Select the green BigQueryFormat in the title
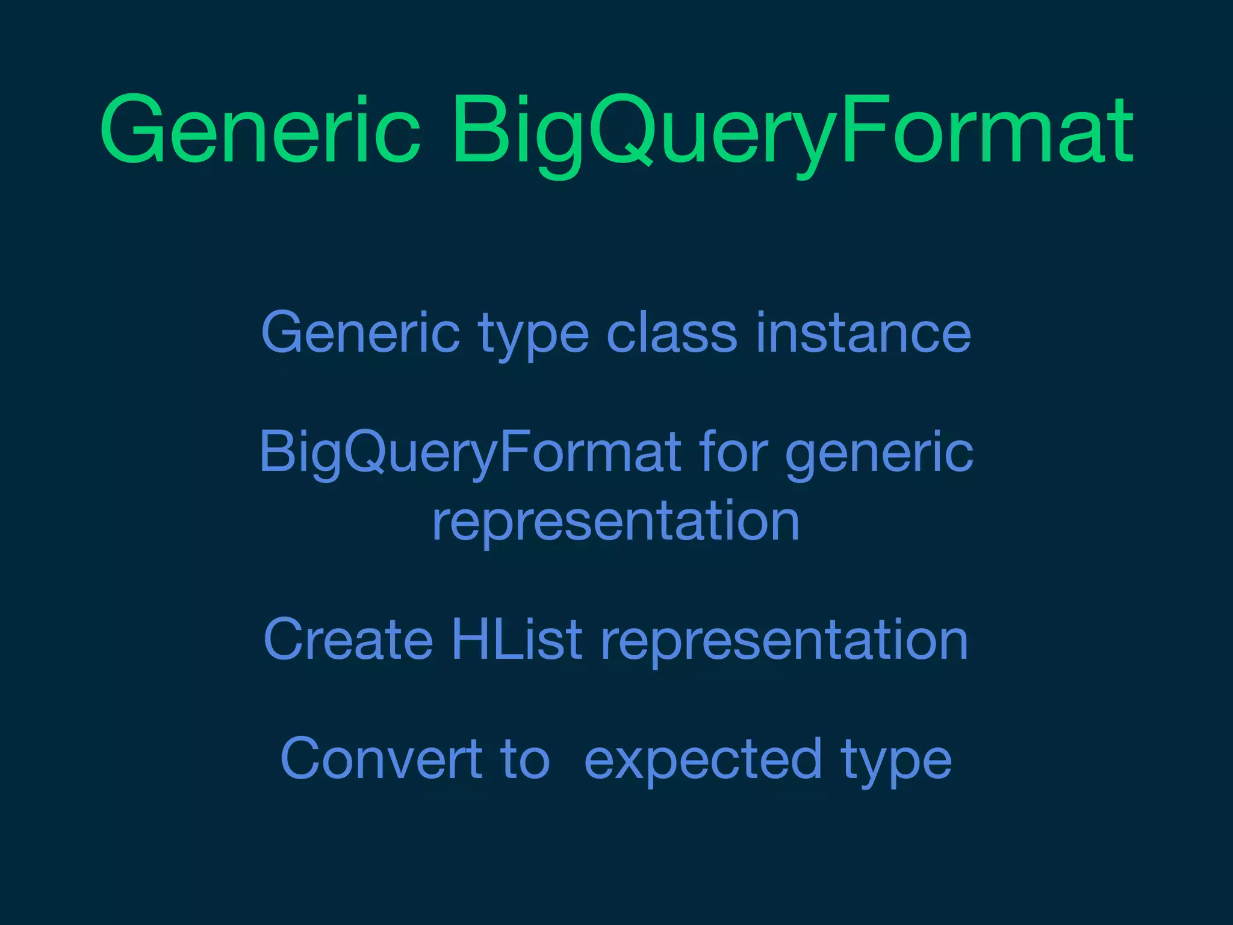[792, 129]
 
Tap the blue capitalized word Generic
[360, 332]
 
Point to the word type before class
[533, 335]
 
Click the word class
[671, 332]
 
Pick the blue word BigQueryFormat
[470, 453]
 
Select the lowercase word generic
[879, 455]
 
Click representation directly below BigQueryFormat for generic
[616, 521]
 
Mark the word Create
[348, 640]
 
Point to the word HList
[517, 640]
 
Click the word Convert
[380, 759]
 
